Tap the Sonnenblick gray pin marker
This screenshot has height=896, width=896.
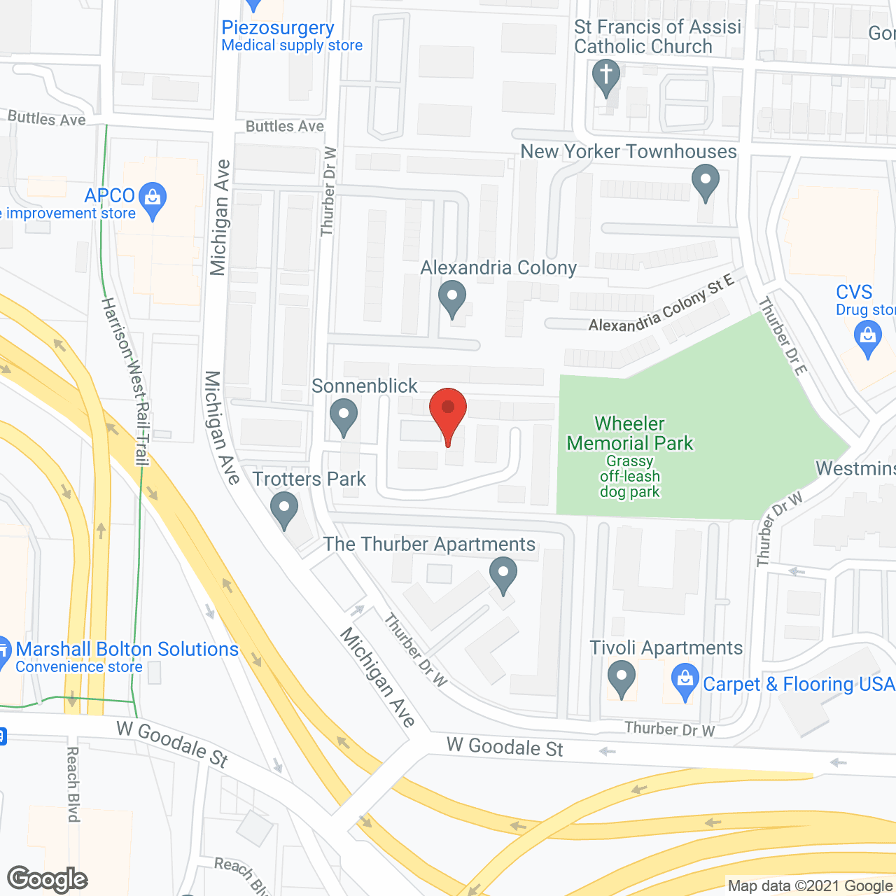[343, 416]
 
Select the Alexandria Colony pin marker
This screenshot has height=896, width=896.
[452, 297]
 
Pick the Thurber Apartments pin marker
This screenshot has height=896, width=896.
[503, 574]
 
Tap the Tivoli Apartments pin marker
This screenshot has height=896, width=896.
[621, 678]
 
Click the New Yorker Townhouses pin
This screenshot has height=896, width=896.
[706, 181]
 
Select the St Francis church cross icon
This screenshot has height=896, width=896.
[606, 76]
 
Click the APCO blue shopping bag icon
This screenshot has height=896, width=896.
[153, 199]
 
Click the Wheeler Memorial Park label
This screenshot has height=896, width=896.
[630, 433]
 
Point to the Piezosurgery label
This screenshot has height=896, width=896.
[278, 28]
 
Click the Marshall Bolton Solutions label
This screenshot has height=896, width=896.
[127, 650]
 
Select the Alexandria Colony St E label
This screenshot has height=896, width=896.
[661, 305]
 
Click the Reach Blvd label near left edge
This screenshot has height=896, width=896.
[73, 784]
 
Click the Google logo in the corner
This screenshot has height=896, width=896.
[48, 879]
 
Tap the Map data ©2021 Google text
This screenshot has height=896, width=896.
[811, 886]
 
